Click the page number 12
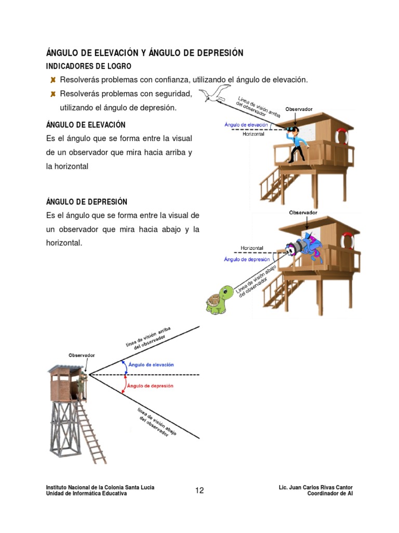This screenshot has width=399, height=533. tap(199, 490)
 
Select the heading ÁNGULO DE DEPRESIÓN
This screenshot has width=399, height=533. tap(87, 201)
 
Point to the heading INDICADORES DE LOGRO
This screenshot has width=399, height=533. tap(89, 66)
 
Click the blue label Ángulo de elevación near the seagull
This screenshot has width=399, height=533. tap(246, 125)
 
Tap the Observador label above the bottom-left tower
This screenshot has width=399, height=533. tap(82, 355)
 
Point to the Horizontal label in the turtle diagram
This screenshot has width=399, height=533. tap(252, 248)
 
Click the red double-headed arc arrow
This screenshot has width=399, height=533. tap(123, 385)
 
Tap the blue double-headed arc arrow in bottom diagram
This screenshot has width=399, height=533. tap(123, 365)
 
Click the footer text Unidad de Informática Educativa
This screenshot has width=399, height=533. tap(86, 493)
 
